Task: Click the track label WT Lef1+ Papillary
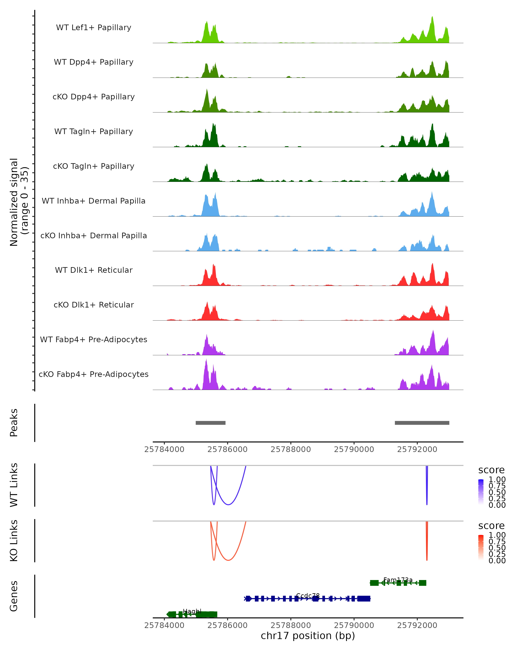(x=94, y=28)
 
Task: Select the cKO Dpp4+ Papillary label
(x=94, y=97)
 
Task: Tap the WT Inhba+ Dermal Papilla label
(x=94, y=201)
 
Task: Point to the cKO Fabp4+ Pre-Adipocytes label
(x=94, y=374)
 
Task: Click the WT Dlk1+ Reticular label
(x=94, y=270)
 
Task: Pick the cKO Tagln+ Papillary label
(x=94, y=166)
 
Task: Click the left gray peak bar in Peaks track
(x=211, y=423)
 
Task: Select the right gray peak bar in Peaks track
(x=422, y=423)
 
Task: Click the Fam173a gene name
(x=398, y=580)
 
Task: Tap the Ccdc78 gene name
(x=308, y=596)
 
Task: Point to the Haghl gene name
(x=192, y=612)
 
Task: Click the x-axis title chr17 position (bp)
(x=308, y=636)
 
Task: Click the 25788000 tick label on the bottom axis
(x=290, y=625)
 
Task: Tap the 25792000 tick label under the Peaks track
(x=417, y=450)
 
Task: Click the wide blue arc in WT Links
(x=228, y=505)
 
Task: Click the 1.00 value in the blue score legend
(x=497, y=480)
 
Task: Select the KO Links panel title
(x=14, y=541)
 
